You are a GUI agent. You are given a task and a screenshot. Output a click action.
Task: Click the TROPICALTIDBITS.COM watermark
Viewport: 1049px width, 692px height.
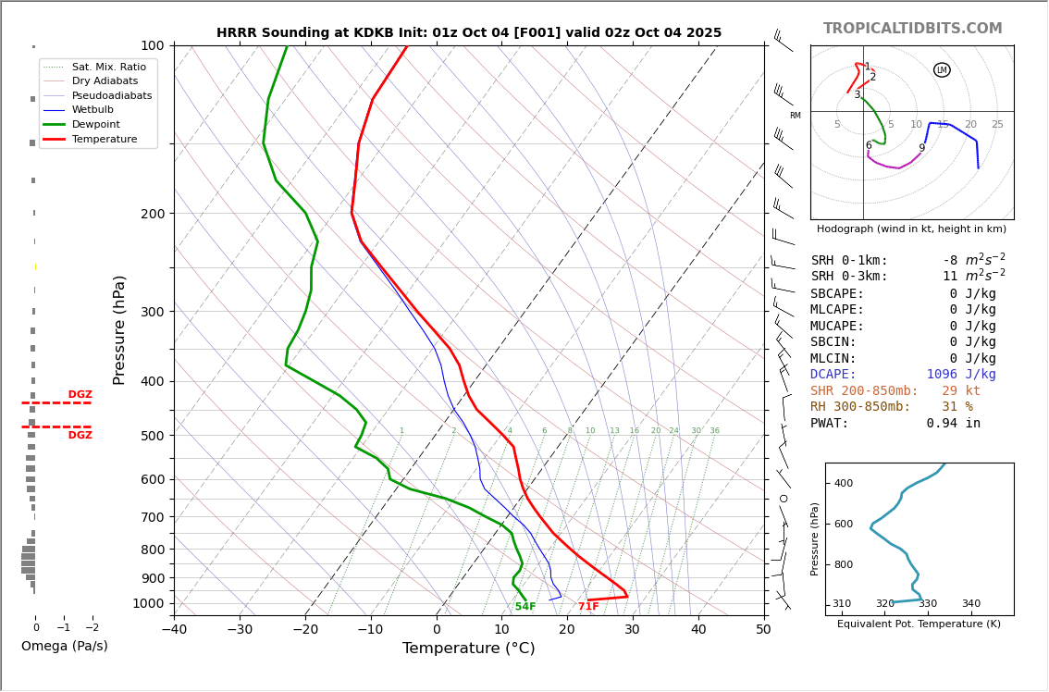point(912,29)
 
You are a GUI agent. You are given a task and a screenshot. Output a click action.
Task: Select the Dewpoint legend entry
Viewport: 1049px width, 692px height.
point(96,124)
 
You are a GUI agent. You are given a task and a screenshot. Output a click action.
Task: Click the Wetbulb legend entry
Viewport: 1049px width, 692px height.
point(93,109)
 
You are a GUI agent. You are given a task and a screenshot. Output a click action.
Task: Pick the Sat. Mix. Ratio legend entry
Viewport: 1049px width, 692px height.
point(108,67)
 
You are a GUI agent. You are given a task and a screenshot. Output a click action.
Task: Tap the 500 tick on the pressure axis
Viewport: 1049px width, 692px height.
point(151,436)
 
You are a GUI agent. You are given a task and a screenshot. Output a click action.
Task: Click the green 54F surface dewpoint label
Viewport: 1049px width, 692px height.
point(525,607)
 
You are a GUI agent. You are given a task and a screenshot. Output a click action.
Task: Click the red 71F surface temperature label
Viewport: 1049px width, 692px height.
point(588,607)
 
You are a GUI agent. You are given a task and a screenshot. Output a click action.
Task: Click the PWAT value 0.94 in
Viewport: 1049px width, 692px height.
point(953,424)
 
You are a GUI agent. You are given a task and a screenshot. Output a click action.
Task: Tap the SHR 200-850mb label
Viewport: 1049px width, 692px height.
point(864,391)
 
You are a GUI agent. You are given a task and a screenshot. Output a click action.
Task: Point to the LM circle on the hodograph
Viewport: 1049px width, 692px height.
point(942,70)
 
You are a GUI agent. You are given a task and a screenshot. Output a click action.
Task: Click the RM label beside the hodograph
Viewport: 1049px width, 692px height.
point(795,116)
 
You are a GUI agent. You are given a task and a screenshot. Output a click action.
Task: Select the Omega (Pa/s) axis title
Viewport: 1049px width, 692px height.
point(65,647)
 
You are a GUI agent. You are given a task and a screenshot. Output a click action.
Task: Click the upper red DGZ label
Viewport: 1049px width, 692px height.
point(80,395)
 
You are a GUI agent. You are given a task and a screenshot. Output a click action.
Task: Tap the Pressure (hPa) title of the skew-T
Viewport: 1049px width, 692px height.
point(119,329)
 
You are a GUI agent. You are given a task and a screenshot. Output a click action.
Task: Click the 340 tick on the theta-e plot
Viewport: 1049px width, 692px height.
point(970,604)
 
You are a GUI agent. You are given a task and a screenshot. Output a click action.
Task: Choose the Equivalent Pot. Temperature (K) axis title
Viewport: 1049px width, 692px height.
point(919,624)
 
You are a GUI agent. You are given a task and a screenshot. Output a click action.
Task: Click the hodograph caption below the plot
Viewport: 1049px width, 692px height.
point(911,229)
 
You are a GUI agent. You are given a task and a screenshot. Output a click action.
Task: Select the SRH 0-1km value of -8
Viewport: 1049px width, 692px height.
point(950,261)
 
